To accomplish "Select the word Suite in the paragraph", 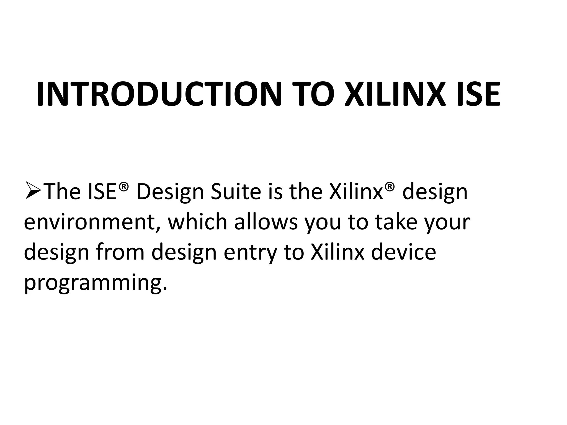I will pyautogui.click(x=236, y=192).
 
